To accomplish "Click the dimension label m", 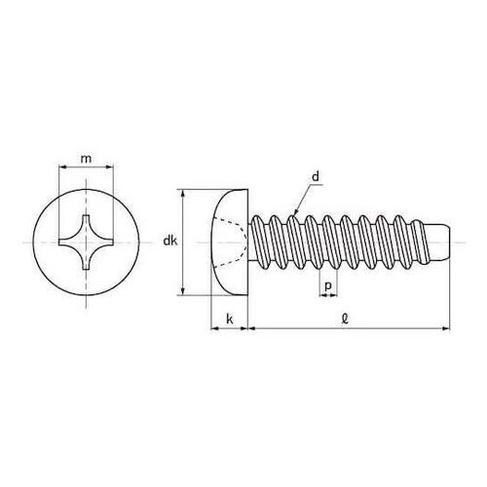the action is click(86, 159).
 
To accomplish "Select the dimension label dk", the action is click(170, 241).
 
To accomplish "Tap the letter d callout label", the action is click(316, 177).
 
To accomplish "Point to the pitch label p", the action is click(328, 286).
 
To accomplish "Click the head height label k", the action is click(230, 319).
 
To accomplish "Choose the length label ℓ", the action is click(345, 319).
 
